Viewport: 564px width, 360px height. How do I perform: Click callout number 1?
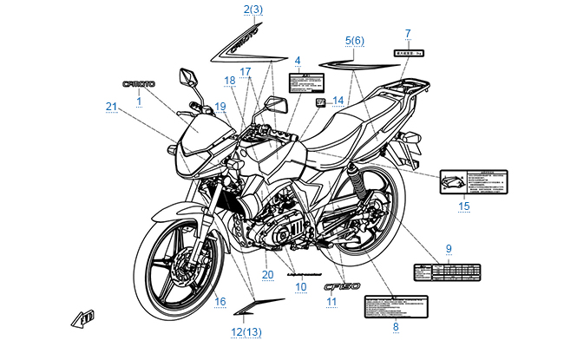(139, 101)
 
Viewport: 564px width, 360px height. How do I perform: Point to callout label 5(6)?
(355, 41)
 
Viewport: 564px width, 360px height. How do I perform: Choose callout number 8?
(396, 327)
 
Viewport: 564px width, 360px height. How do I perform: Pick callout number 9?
(449, 249)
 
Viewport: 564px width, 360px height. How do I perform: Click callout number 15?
(464, 206)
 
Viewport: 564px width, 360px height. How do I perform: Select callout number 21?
(111, 106)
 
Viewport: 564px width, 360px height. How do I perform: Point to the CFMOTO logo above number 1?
(139, 84)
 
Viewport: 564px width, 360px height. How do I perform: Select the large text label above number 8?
(396, 306)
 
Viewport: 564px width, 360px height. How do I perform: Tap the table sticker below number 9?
(448, 269)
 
